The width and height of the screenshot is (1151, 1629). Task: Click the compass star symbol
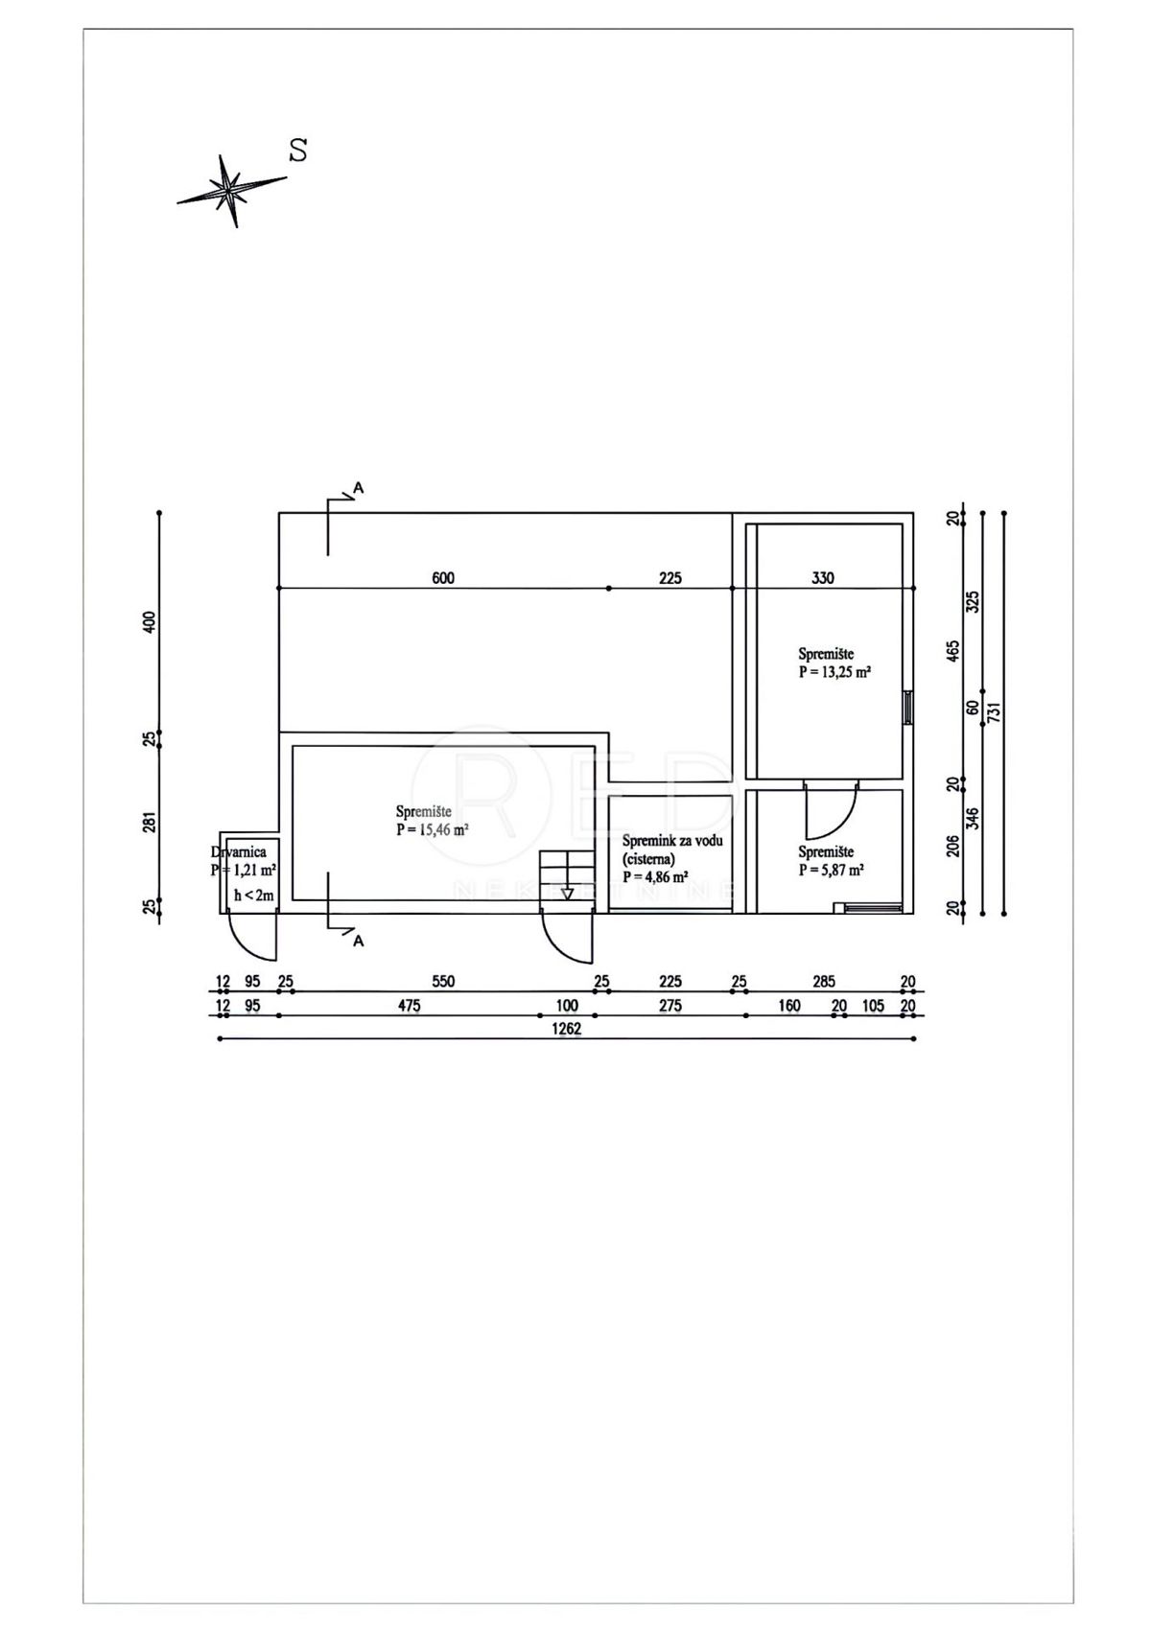(x=230, y=191)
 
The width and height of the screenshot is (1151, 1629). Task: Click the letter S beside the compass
(x=297, y=150)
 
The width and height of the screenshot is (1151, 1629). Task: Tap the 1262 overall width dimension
(x=567, y=1029)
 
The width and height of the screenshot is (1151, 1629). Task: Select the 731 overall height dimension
(x=996, y=710)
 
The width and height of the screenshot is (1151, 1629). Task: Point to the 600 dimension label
(x=443, y=578)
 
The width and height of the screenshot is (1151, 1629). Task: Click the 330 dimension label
(x=823, y=578)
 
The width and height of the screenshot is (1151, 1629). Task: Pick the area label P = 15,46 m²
(x=432, y=829)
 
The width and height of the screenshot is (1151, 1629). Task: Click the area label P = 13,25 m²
(x=834, y=673)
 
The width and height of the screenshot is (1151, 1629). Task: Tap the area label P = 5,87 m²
(x=831, y=870)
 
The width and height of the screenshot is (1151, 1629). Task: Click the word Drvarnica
(x=239, y=851)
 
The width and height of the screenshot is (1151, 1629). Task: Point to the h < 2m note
(x=254, y=896)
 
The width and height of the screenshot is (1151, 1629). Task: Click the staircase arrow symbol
(x=568, y=894)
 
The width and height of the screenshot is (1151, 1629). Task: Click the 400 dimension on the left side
(x=149, y=622)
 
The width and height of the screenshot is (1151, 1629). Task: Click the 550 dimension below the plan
(x=443, y=981)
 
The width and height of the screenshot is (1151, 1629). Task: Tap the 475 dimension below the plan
(x=410, y=1006)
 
